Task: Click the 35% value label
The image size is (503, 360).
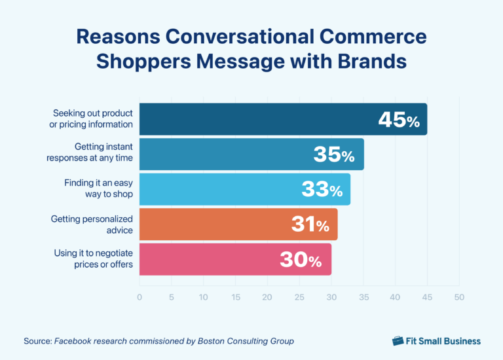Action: [333, 155]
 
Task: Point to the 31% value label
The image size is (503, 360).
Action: [310, 225]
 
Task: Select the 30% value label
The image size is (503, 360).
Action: [301, 261]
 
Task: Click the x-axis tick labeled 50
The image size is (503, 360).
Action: [459, 297]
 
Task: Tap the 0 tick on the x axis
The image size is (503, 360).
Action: [140, 297]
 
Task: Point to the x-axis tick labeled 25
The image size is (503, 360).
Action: [299, 297]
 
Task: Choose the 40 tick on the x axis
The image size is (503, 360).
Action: [395, 297]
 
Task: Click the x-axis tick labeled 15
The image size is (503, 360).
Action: [235, 297]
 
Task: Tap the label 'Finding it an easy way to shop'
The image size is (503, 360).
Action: [99, 189]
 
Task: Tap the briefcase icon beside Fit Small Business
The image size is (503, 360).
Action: [398, 341]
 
